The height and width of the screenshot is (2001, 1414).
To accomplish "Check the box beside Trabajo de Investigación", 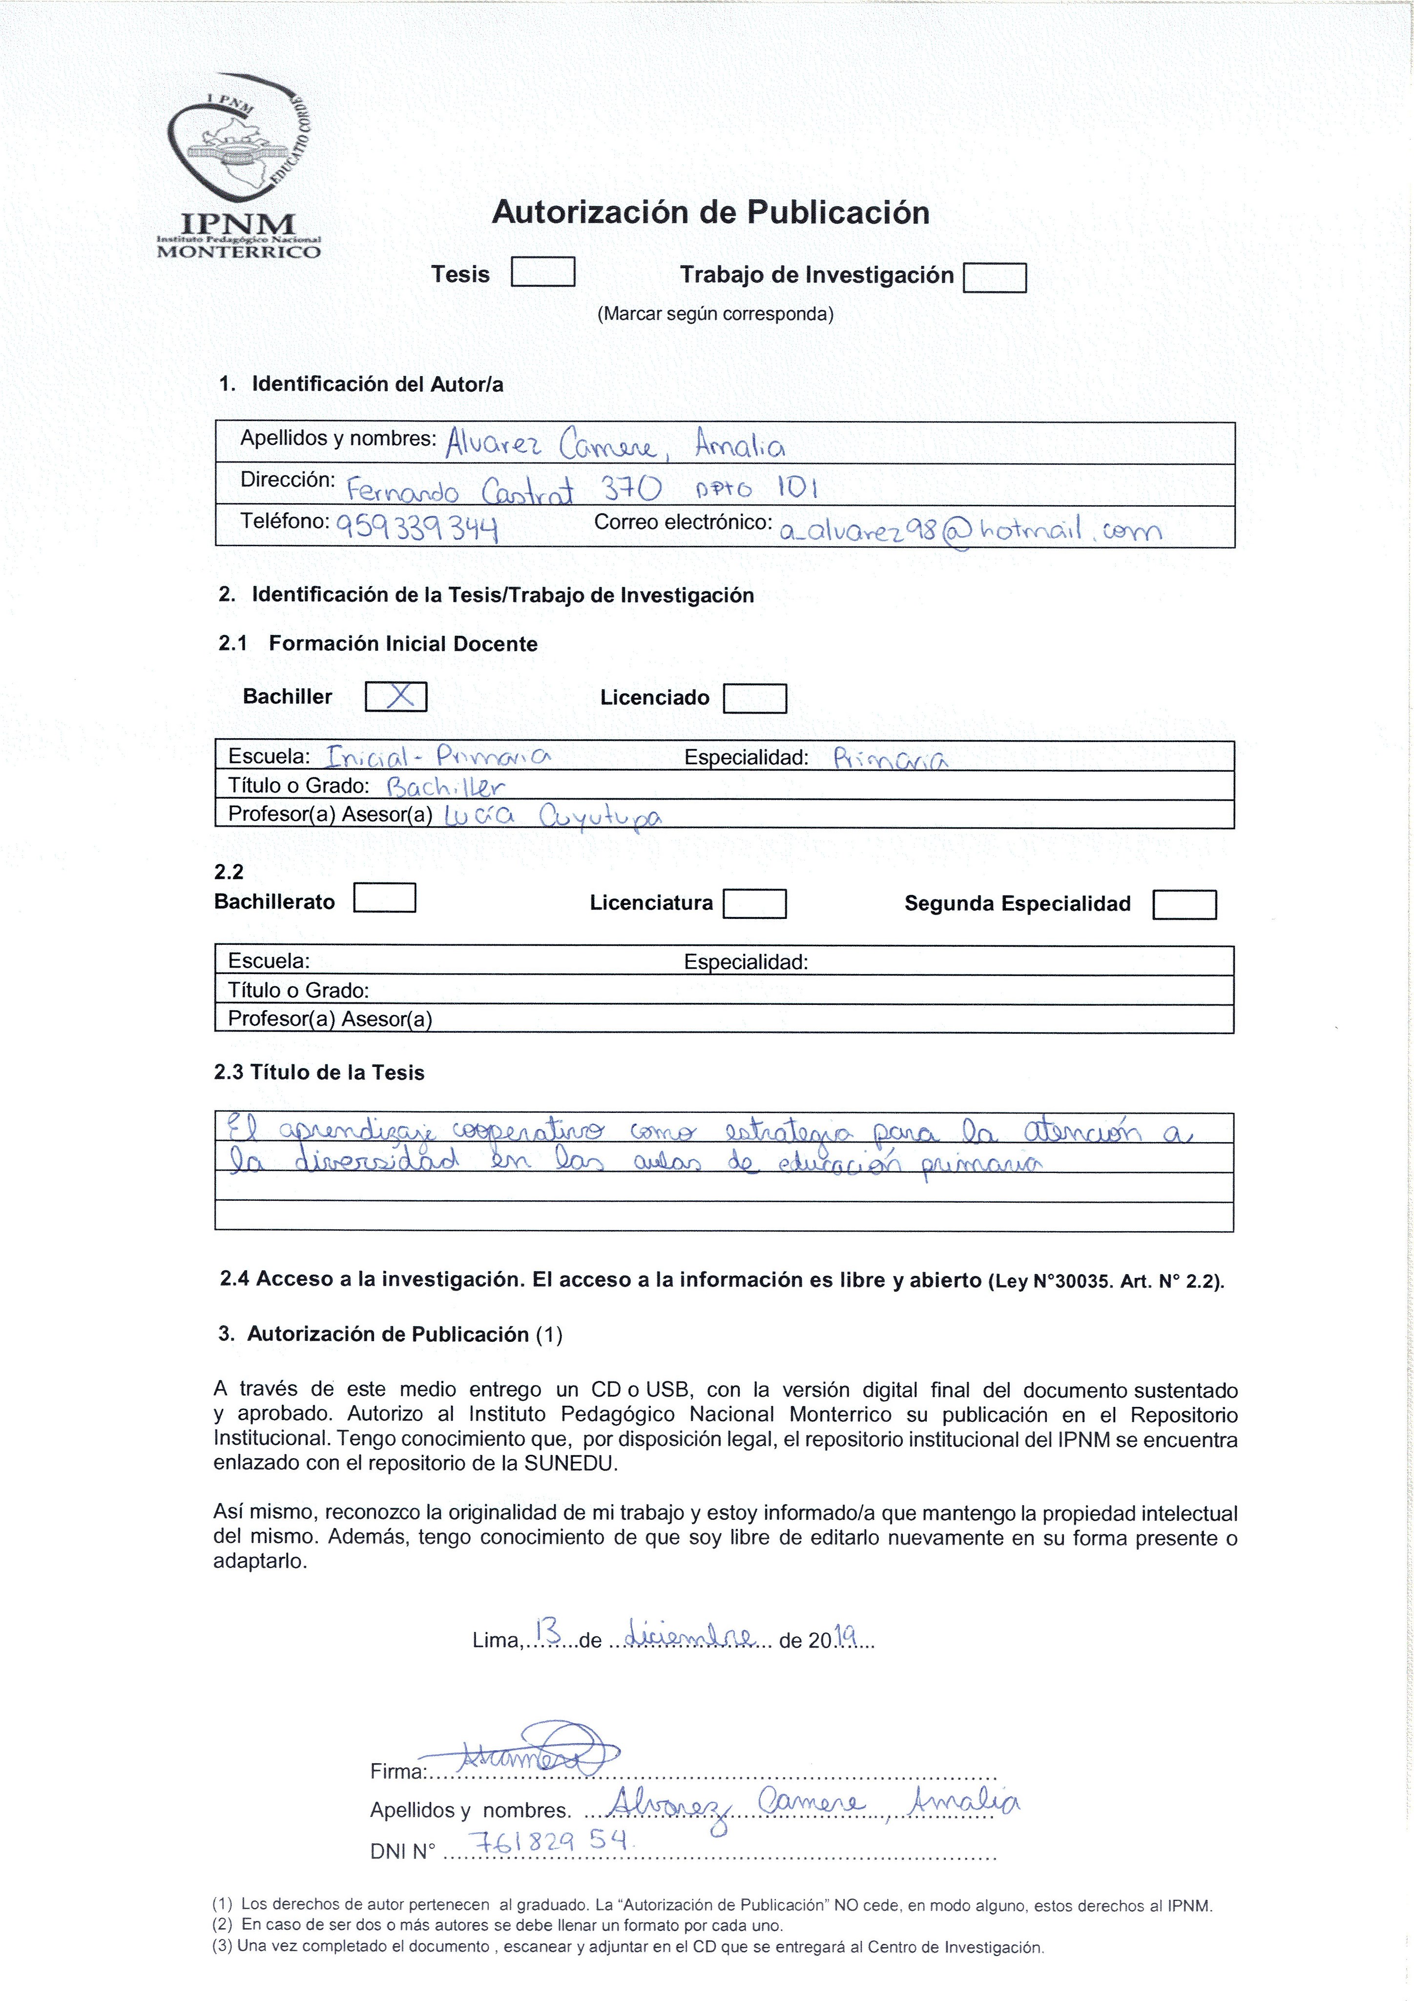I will tap(995, 277).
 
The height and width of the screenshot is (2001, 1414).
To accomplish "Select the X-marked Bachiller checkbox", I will tap(395, 696).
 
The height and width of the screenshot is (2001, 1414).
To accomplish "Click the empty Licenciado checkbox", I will tap(755, 698).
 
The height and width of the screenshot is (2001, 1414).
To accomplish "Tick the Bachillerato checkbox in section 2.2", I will tap(384, 898).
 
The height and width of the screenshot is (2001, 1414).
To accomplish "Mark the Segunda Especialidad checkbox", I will tap(1184, 905).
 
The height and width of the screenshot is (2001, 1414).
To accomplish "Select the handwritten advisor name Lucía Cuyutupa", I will tap(553, 817).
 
